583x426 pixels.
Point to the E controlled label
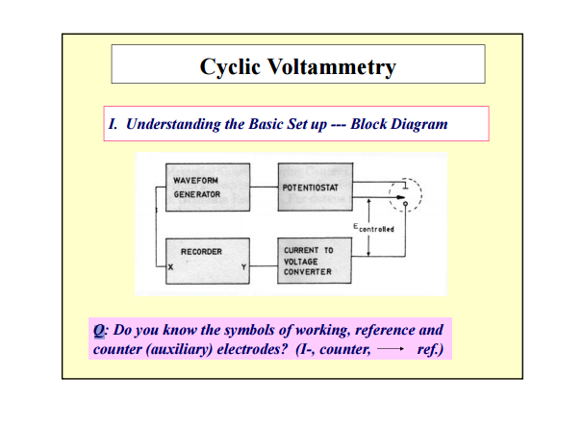click(x=372, y=228)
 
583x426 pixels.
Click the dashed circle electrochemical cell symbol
click(x=406, y=195)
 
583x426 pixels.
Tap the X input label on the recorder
click(x=171, y=268)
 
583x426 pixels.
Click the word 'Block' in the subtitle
click(x=370, y=124)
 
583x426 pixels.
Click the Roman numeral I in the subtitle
click(x=112, y=124)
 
